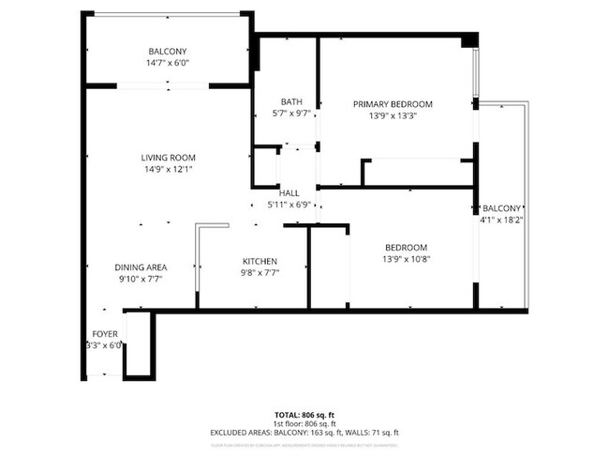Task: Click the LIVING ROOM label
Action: (x=168, y=158)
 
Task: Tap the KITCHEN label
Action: (x=260, y=261)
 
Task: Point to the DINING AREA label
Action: (x=141, y=267)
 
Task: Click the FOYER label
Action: (x=104, y=334)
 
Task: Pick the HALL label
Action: (x=289, y=193)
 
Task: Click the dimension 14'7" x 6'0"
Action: (x=168, y=63)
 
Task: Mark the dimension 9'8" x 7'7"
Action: (x=260, y=272)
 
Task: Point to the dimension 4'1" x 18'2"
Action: (x=501, y=221)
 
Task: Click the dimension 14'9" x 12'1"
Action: (x=168, y=170)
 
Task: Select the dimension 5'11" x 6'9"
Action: (x=289, y=205)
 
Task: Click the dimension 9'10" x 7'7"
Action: (x=141, y=279)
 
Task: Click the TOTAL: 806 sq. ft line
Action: (x=304, y=414)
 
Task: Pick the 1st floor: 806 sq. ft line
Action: (x=304, y=423)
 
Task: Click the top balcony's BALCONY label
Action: (x=168, y=51)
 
